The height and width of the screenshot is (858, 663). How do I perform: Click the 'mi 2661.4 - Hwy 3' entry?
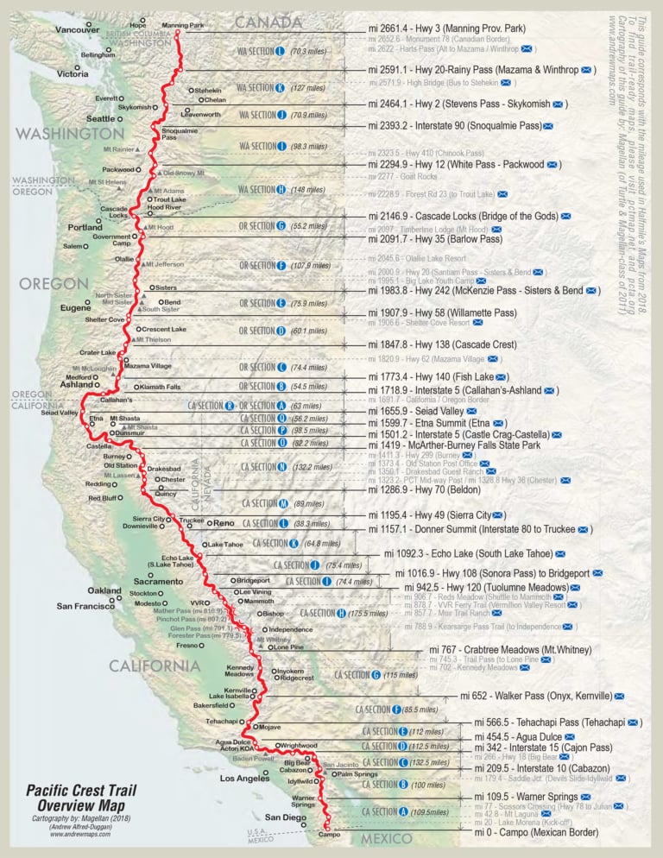pyautogui.click(x=446, y=28)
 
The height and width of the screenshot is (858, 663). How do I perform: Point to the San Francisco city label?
pyautogui.click(x=85, y=606)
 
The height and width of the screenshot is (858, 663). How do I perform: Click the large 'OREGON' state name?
pyautogui.click(x=54, y=284)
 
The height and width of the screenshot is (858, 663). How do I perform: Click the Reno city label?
pyautogui.click(x=224, y=523)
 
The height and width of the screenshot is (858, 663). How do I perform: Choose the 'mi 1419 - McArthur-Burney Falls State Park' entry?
pyautogui.click(x=453, y=445)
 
